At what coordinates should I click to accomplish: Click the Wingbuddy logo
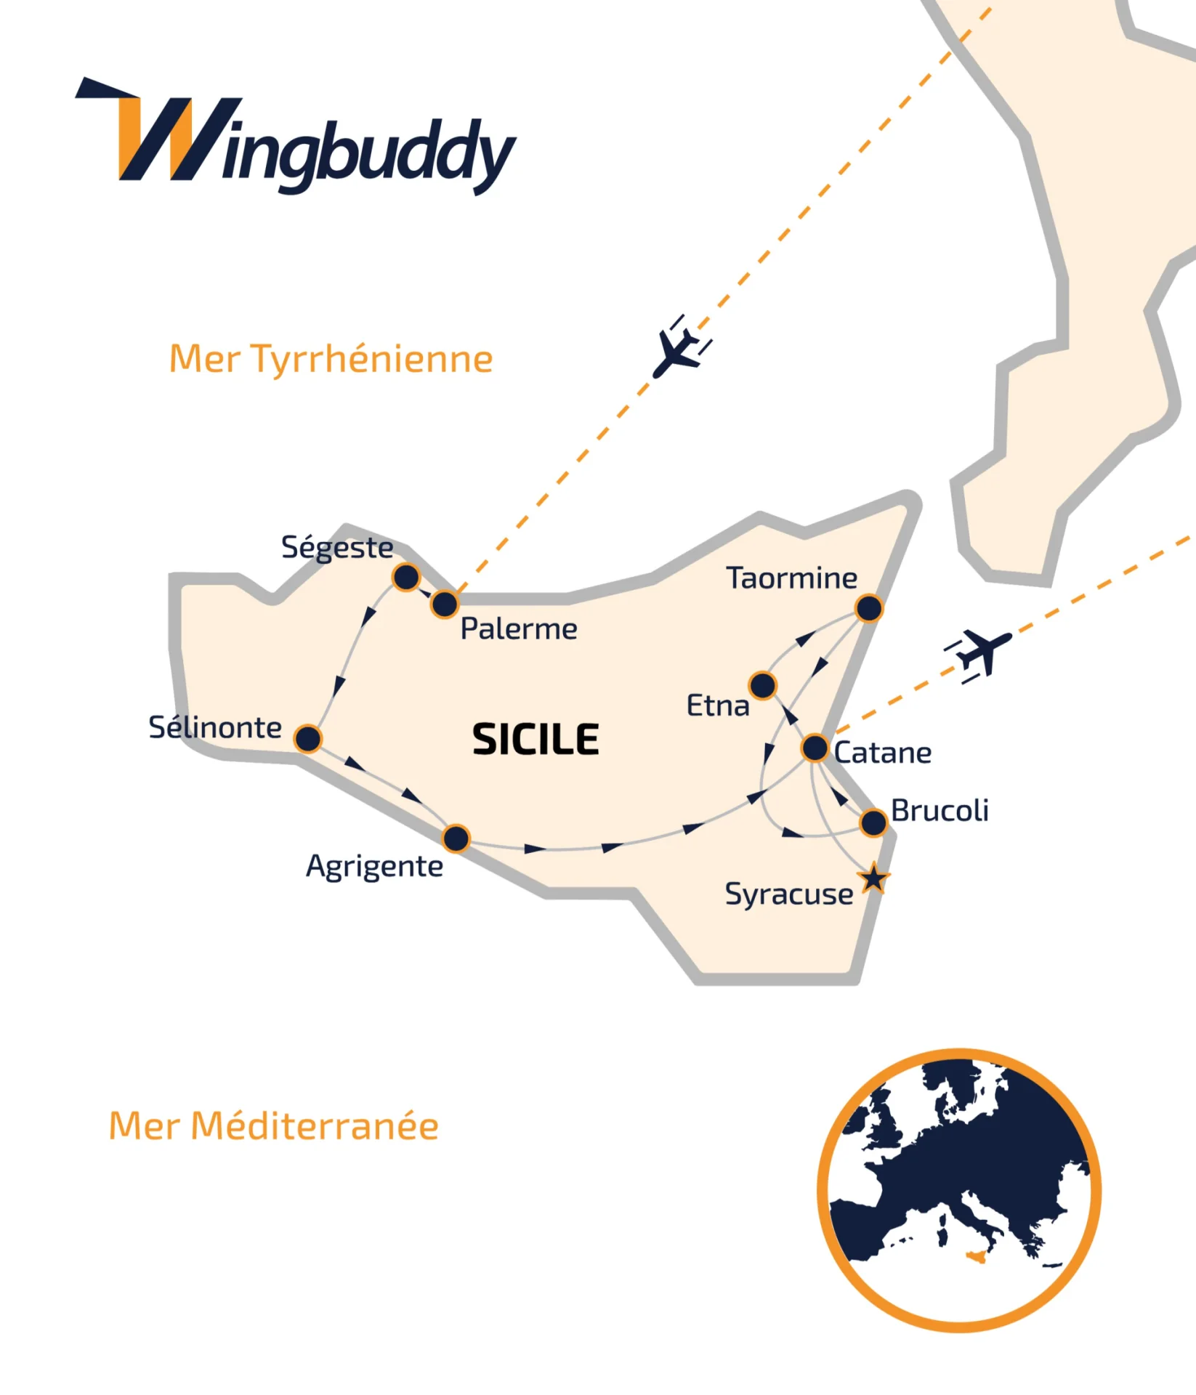[296, 138]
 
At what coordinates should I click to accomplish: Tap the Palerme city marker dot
[445, 604]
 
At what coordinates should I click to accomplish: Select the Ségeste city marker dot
[406, 578]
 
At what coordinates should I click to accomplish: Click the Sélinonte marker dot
[308, 739]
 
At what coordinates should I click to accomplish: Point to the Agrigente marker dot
[456, 838]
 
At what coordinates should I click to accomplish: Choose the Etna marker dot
[763, 685]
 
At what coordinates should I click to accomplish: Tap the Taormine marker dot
[869, 608]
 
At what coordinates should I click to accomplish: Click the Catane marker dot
[815, 748]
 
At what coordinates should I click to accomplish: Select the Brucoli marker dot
[873, 823]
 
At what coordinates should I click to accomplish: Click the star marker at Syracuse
[873, 879]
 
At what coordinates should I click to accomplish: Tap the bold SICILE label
[536, 740]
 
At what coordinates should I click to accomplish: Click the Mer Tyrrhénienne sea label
[331, 359]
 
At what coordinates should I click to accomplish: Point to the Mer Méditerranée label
[273, 1126]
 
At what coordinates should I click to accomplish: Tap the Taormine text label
[792, 578]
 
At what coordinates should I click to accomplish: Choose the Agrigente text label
[374, 867]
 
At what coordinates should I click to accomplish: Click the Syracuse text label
[789, 894]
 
